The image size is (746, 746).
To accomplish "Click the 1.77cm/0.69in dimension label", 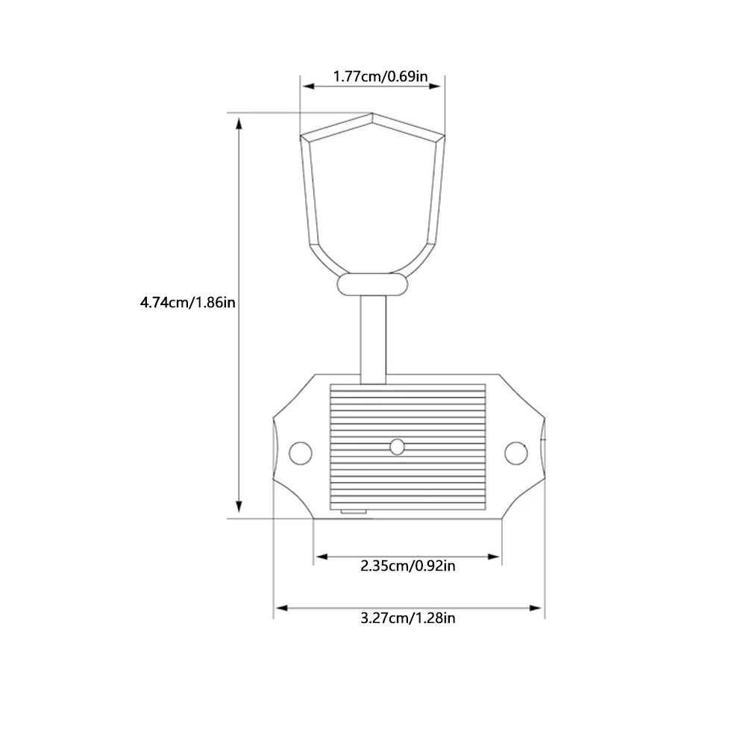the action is pos(380,76).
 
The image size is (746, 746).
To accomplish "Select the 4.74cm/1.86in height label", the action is pos(187,302).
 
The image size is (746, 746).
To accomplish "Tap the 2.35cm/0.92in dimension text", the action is pos(408,565).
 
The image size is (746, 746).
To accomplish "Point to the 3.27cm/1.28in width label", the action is pos(408,618).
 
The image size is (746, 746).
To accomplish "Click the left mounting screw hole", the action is pos(301,453).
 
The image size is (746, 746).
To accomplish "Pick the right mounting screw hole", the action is pos(515,453).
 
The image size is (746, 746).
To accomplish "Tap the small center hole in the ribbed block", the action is pos(397,447).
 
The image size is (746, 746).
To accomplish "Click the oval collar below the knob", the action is pos(372,284).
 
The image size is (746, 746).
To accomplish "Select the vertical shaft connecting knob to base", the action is pos(373,339).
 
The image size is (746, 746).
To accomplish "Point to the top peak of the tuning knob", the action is pos(372,113).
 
